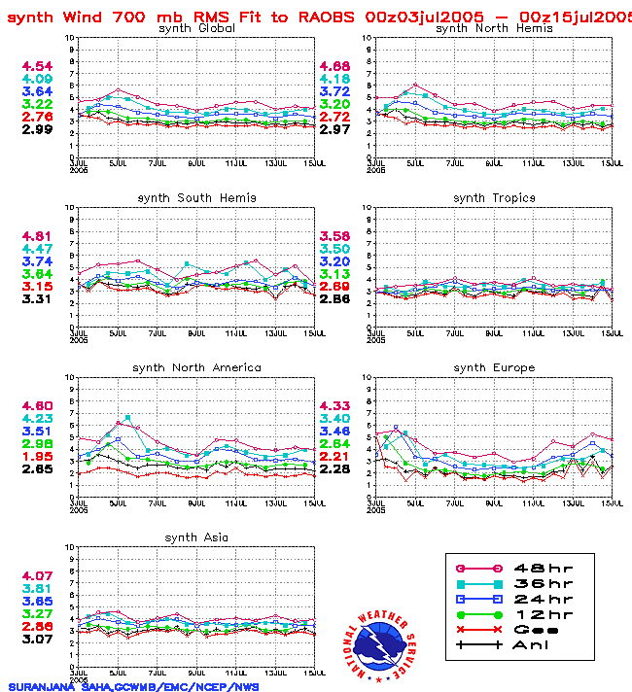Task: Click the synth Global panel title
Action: pos(196,28)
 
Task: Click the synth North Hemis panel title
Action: pos(494,28)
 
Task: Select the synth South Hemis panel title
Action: pos(196,198)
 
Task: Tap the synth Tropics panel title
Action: pos(494,198)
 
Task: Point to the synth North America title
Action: pos(196,367)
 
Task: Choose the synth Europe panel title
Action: pos(494,367)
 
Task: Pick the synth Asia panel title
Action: pos(196,537)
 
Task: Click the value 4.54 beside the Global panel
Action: pos(38,66)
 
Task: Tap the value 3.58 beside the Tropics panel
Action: pos(334,236)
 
